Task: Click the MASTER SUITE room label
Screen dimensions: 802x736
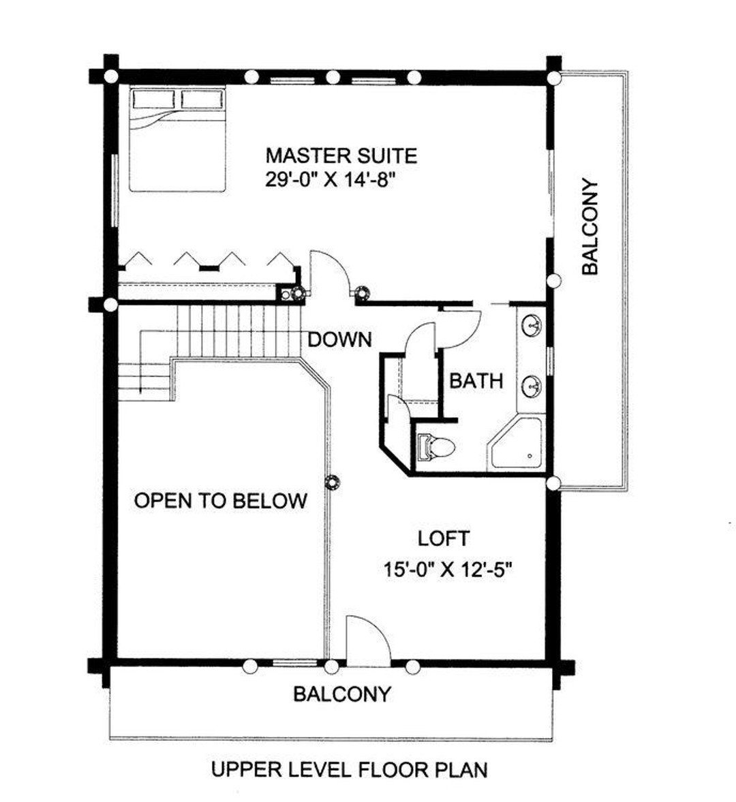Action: [341, 156]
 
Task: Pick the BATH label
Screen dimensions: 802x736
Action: [476, 381]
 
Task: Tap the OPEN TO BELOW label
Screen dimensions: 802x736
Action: [220, 502]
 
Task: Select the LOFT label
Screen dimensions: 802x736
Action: [443, 539]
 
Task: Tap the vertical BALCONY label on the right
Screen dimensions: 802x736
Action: [589, 227]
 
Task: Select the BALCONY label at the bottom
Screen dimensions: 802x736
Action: [342, 694]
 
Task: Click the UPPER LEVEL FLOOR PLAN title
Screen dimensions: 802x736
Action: [349, 771]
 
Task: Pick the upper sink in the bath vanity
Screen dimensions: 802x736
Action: [532, 326]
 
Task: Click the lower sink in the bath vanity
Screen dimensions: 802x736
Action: [532, 386]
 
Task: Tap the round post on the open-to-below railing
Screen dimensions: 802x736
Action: [333, 482]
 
